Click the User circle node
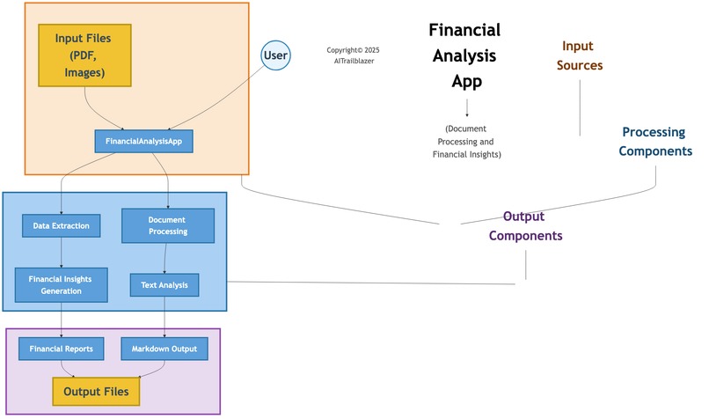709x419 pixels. click(276, 55)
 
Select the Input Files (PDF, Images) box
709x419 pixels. click(84, 55)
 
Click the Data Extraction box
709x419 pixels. click(61, 226)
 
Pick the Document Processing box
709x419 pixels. click(167, 225)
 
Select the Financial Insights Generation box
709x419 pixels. click(61, 284)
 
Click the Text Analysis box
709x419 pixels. click(164, 285)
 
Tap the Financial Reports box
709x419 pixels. click(61, 349)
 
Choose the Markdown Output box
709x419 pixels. click(164, 349)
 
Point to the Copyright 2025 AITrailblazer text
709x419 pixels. click(353, 55)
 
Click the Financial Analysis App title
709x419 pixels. click(464, 56)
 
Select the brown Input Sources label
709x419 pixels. click(579, 55)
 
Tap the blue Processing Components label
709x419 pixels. click(654, 142)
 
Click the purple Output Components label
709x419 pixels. click(525, 226)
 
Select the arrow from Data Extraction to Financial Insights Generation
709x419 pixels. click(61, 254)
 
